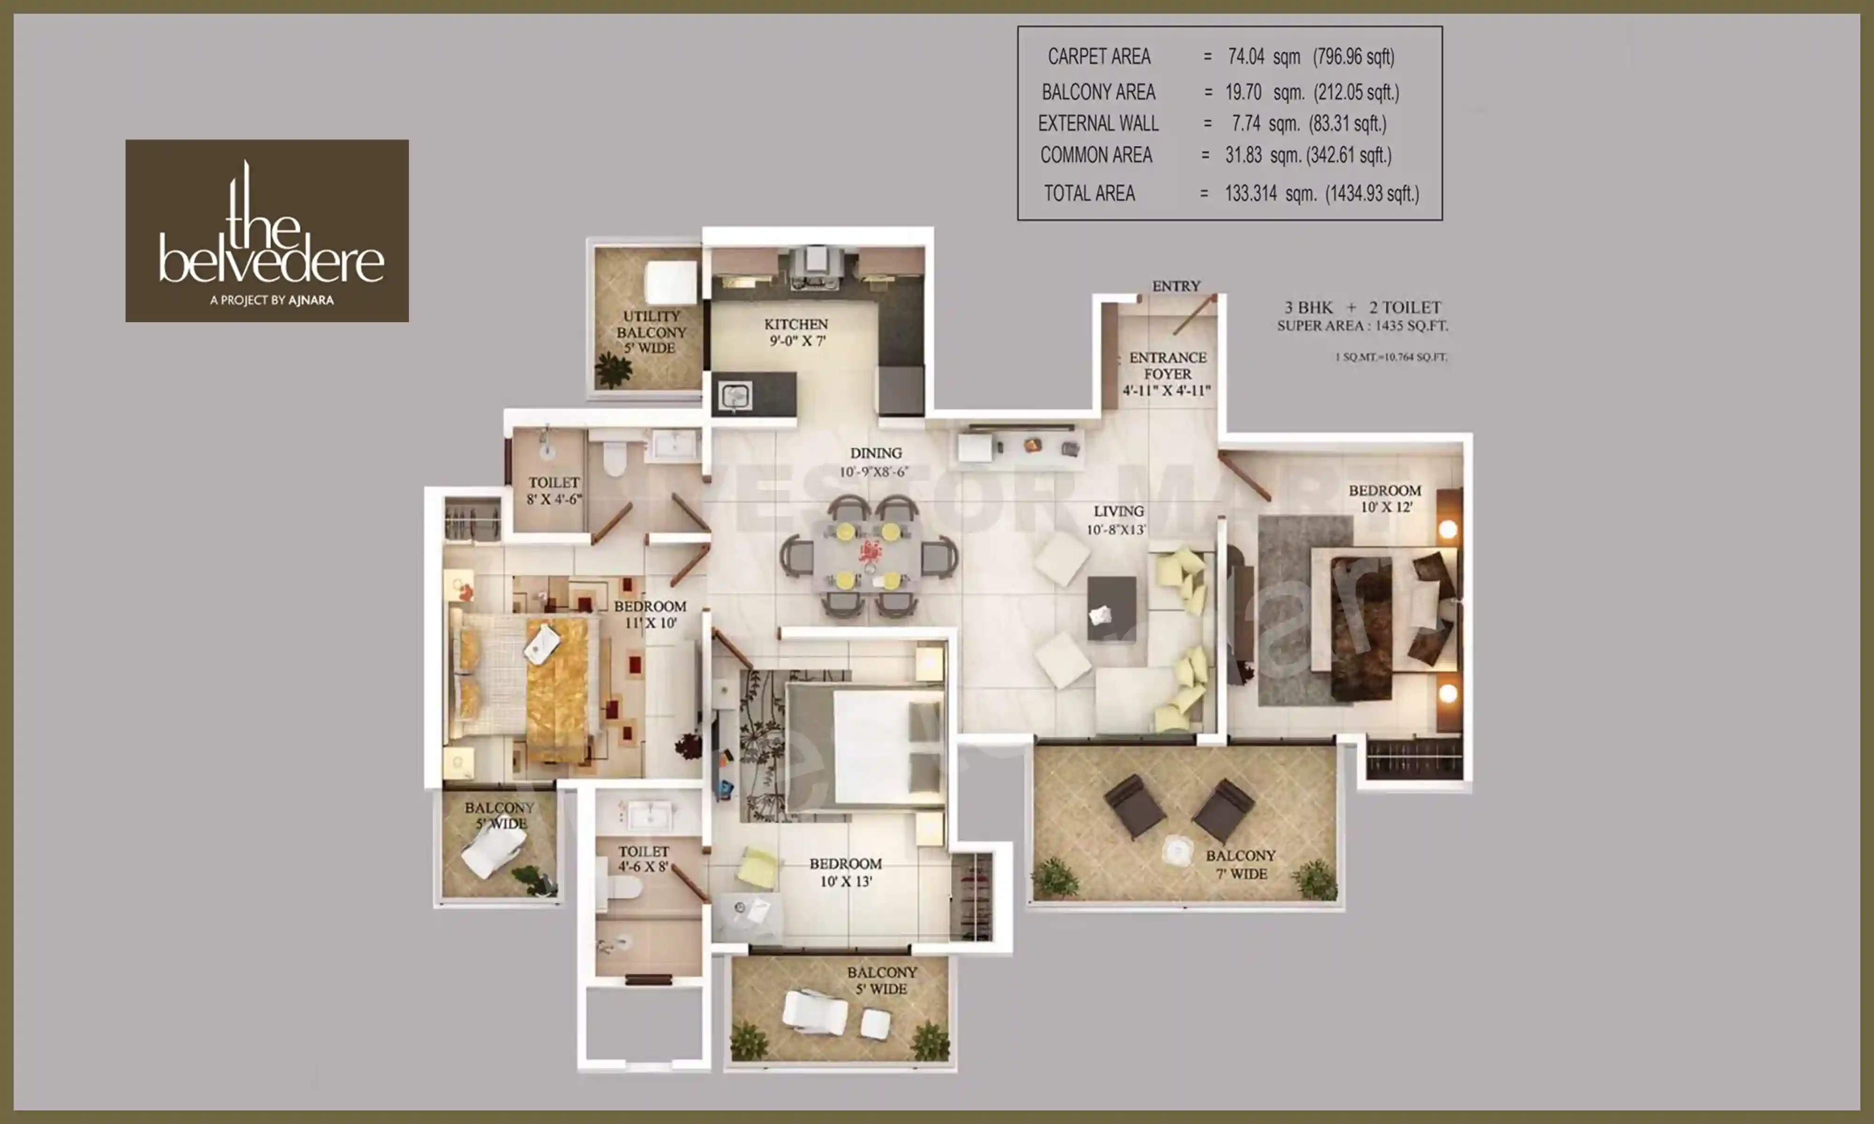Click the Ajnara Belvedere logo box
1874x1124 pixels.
(267, 230)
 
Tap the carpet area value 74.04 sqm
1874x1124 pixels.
(1264, 57)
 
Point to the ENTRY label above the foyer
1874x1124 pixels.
(1176, 286)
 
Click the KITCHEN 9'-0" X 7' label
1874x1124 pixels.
(796, 332)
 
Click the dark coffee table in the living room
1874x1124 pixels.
(1111, 609)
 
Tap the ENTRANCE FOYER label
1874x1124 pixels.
(1168, 373)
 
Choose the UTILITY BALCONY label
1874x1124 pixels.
(651, 332)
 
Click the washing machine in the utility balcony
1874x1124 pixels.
(670, 282)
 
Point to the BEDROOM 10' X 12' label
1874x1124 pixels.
(1385, 498)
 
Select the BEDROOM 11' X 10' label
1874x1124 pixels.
(650, 614)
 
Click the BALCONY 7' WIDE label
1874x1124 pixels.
(1241, 864)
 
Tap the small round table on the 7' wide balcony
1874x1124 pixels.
(1177, 850)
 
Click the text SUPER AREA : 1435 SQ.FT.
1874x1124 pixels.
(1362, 325)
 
